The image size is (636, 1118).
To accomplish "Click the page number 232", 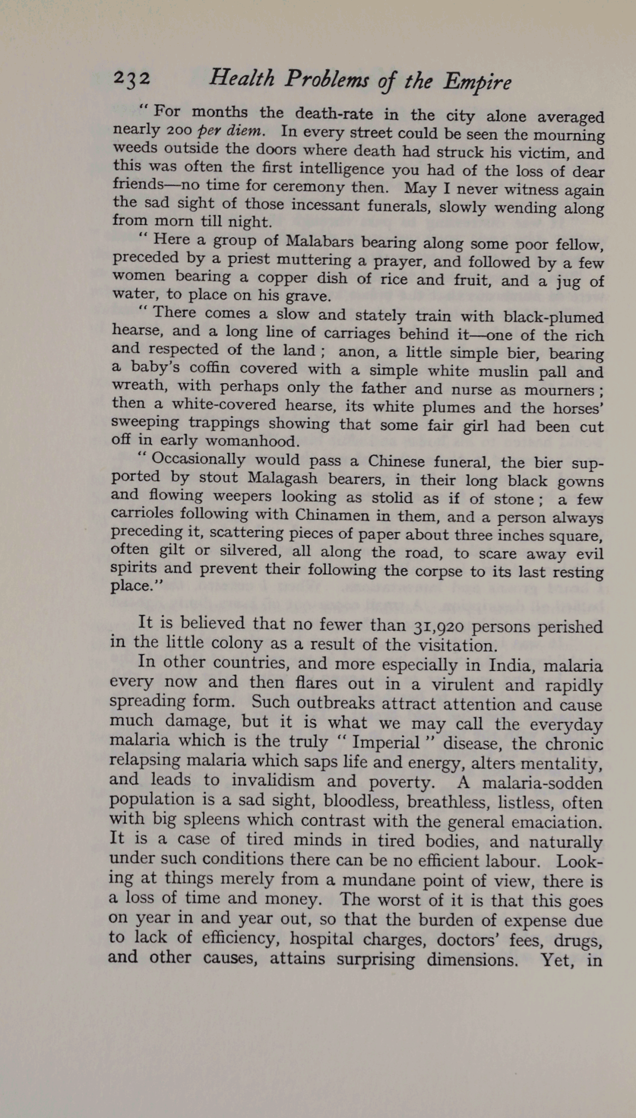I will (x=132, y=78).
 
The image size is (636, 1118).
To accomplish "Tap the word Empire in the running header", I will (x=477, y=83).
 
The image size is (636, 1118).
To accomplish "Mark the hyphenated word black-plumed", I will (x=553, y=317).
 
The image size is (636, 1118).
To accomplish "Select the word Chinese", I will (x=396, y=461).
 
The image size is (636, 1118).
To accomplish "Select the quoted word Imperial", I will (x=385, y=742).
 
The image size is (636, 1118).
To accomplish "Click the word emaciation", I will (x=557, y=822).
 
